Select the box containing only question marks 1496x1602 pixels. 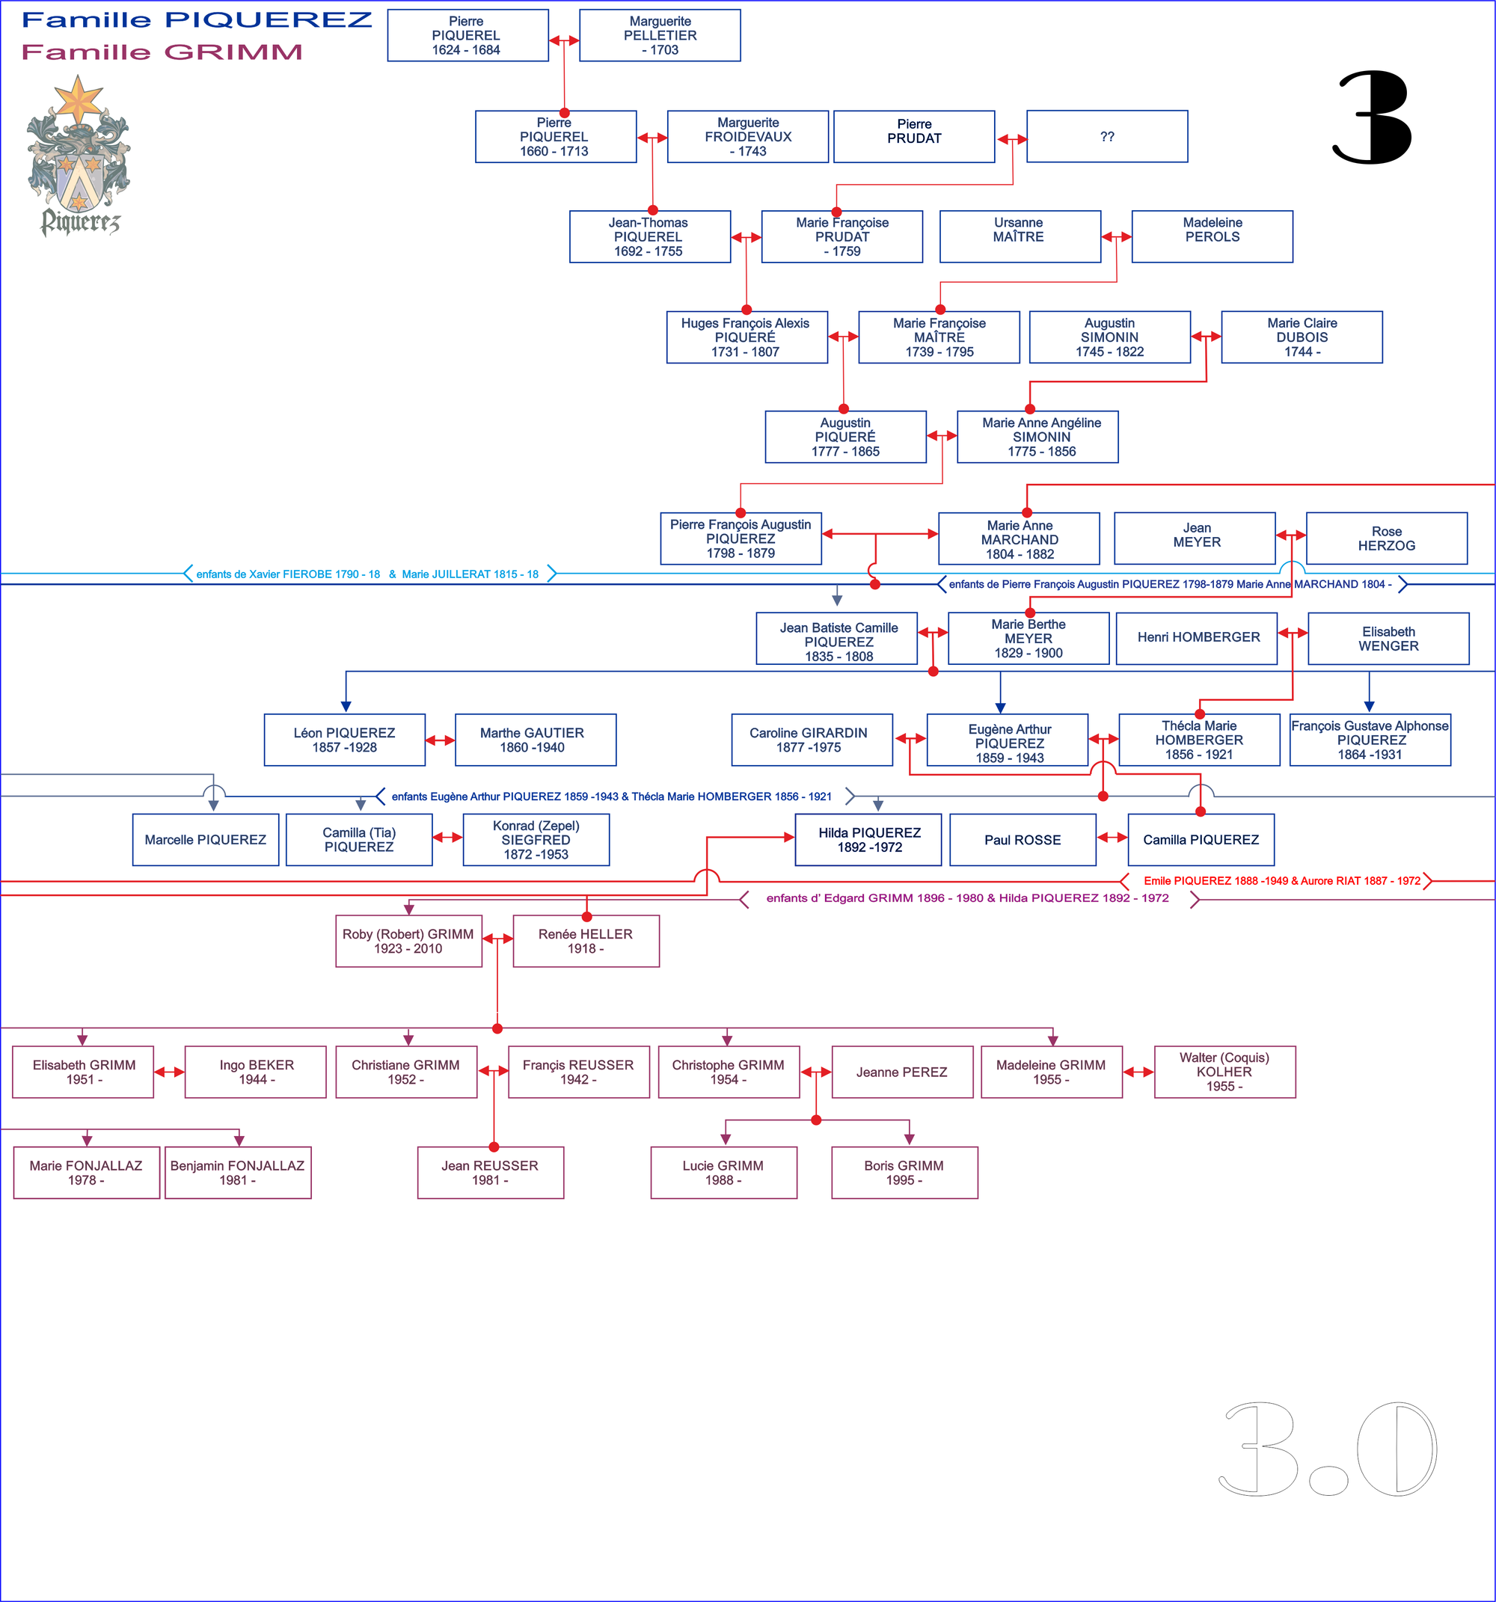[1107, 136]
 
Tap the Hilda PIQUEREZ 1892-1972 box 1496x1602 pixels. [868, 840]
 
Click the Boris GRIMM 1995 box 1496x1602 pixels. [904, 1173]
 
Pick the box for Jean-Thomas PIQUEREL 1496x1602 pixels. [650, 237]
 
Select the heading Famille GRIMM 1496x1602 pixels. [162, 52]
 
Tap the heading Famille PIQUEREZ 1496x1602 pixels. [197, 20]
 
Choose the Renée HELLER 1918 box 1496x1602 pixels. [586, 941]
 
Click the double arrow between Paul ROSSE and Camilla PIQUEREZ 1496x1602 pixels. [1112, 838]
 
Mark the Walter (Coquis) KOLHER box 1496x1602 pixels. [1224, 1072]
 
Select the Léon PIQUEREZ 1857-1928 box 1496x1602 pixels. [344, 740]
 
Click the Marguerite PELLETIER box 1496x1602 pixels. [659, 35]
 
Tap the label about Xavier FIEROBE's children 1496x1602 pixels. [367, 574]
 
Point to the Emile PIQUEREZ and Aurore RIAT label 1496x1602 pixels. [1281, 881]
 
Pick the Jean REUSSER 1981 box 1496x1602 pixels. [490, 1173]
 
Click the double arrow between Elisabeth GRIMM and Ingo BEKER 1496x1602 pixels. [169, 1072]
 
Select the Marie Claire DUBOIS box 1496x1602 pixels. [1302, 337]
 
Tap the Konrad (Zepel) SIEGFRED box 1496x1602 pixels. [536, 840]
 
